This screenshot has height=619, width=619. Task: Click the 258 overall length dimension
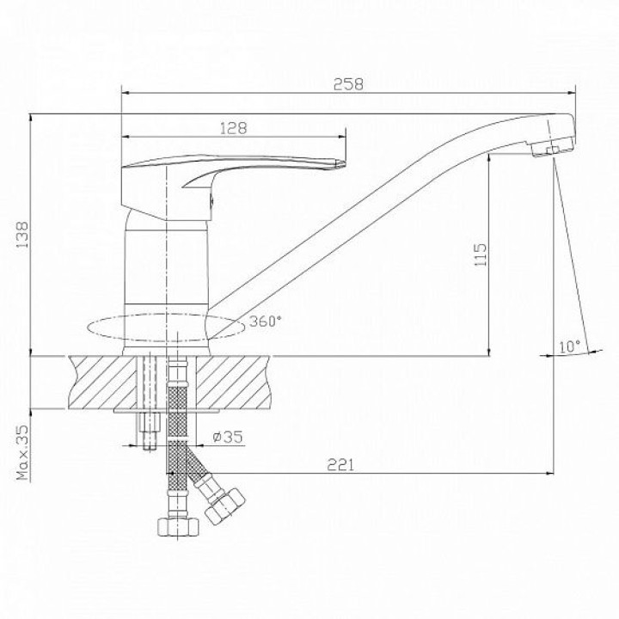(348, 84)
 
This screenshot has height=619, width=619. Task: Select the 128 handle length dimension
(233, 128)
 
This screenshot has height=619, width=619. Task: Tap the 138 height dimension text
(22, 235)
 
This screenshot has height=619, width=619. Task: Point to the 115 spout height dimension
(481, 254)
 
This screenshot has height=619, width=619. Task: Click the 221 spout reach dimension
(340, 465)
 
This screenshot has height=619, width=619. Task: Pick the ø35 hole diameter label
(227, 437)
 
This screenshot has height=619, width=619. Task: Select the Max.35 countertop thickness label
(23, 452)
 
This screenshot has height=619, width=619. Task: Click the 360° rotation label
(266, 322)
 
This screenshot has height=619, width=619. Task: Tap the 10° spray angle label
(570, 346)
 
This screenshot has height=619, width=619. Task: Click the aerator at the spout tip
(553, 147)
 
